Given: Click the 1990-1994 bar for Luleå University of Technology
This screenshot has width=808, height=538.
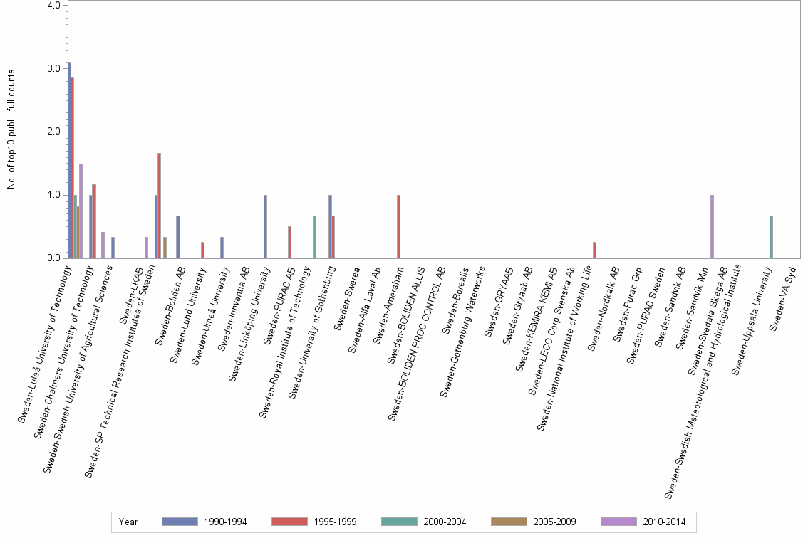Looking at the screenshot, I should click(x=69, y=160).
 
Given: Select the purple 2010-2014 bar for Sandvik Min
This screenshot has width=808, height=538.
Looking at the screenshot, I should click(x=712, y=226).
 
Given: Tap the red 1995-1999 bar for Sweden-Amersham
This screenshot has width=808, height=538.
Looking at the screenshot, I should click(x=398, y=226).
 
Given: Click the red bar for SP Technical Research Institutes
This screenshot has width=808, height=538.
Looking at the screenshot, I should click(x=160, y=206).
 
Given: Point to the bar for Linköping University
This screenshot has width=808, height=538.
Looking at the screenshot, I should click(x=265, y=226).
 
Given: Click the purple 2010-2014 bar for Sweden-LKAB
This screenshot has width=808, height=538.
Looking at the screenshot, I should click(x=146, y=248).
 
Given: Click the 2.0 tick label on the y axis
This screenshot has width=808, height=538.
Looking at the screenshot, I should click(x=53, y=132).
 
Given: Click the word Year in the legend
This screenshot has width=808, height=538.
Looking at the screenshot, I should click(x=128, y=522).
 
